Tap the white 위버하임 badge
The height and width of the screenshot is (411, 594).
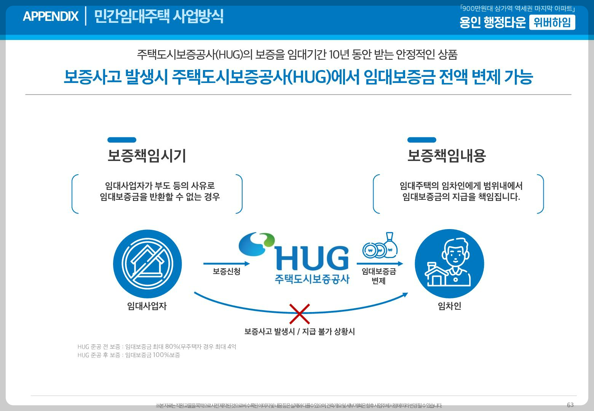552,23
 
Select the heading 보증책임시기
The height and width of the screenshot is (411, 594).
147,156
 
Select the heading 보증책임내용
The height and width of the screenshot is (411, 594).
446,156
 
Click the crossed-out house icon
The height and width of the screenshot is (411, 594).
147,264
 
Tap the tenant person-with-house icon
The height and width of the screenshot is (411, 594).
449,264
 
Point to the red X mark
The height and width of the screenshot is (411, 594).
300,314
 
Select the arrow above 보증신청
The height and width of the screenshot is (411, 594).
227,264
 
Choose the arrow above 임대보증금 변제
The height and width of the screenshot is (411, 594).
380,264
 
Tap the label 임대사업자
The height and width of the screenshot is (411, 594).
147,306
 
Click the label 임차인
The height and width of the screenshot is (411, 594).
449,306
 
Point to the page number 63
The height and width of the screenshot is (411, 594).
570,405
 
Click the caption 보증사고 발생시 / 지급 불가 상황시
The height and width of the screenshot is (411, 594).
300,331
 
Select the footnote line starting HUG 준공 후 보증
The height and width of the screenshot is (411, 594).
129,355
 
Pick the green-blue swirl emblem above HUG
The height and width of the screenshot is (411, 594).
256,244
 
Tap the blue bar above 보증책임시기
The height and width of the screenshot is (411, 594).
122,140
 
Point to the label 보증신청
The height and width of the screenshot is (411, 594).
227,272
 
